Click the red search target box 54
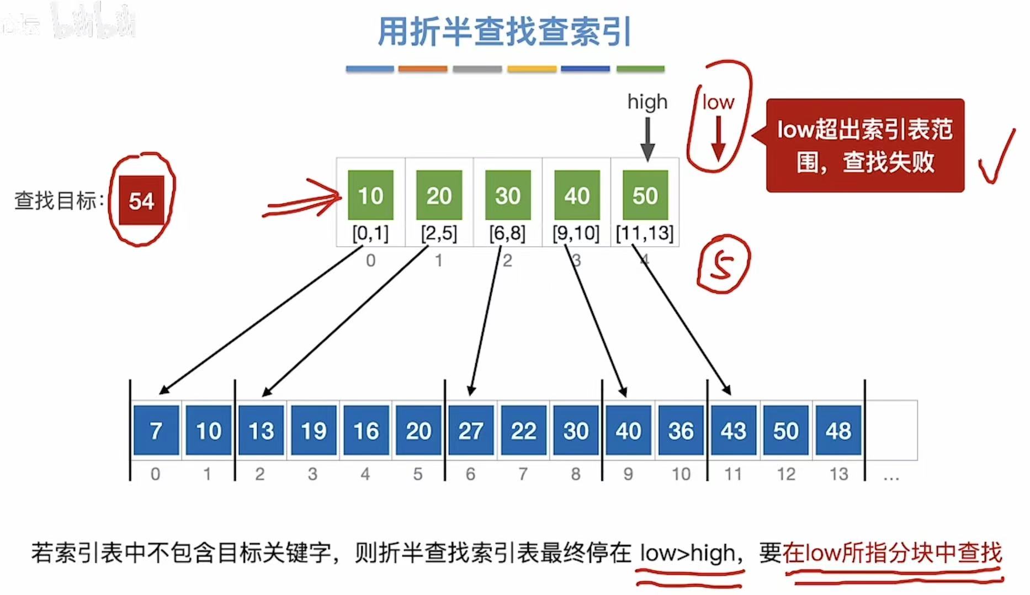tap(141, 200)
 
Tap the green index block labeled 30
tap(507, 195)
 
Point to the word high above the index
tap(647, 102)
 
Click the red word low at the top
tap(718, 102)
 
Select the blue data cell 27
tap(471, 431)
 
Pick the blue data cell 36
tap(681, 431)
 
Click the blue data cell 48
tap(838, 431)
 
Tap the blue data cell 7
tap(156, 431)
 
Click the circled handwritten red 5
tap(723, 264)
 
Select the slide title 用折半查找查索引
tap(505, 31)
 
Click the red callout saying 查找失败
tap(865, 146)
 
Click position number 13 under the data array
tap(838, 474)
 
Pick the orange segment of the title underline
tap(423, 69)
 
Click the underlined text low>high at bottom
tap(688, 553)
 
